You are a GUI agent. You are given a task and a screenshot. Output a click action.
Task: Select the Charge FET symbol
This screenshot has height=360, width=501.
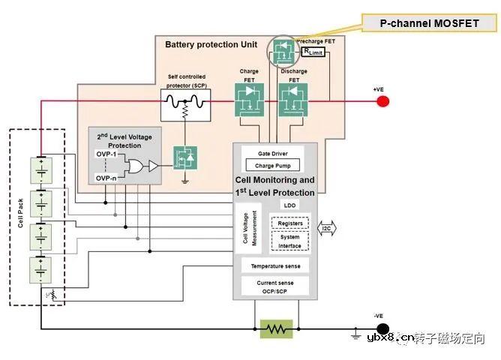[249, 99]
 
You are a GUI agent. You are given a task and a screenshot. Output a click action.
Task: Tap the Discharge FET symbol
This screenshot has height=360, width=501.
[293, 99]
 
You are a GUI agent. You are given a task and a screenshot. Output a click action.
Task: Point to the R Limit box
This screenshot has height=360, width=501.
[314, 51]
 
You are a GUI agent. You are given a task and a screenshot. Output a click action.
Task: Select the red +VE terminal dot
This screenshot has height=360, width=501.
[382, 100]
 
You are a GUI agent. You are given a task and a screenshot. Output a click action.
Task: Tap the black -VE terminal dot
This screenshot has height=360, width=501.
[382, 328]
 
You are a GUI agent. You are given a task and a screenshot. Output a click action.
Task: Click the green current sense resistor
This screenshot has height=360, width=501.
[276, 328]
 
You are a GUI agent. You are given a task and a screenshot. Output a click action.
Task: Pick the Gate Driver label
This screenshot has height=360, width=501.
[273, 154]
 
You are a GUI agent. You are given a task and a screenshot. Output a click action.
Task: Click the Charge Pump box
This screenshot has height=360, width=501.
[273, 165]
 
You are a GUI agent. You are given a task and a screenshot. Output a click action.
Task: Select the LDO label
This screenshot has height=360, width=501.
[289, 205]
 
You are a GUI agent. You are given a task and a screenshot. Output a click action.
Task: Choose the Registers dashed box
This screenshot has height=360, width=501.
[289, 223]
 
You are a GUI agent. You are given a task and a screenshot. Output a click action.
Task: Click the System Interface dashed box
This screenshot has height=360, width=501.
[289, 241]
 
